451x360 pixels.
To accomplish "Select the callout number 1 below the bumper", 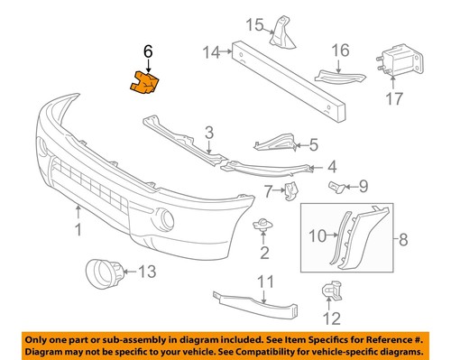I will pos(78,230).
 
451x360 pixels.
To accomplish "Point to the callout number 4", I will pos(331,166).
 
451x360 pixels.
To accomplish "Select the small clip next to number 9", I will pos(336,187).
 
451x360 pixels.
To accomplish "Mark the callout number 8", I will pos(403,239).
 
